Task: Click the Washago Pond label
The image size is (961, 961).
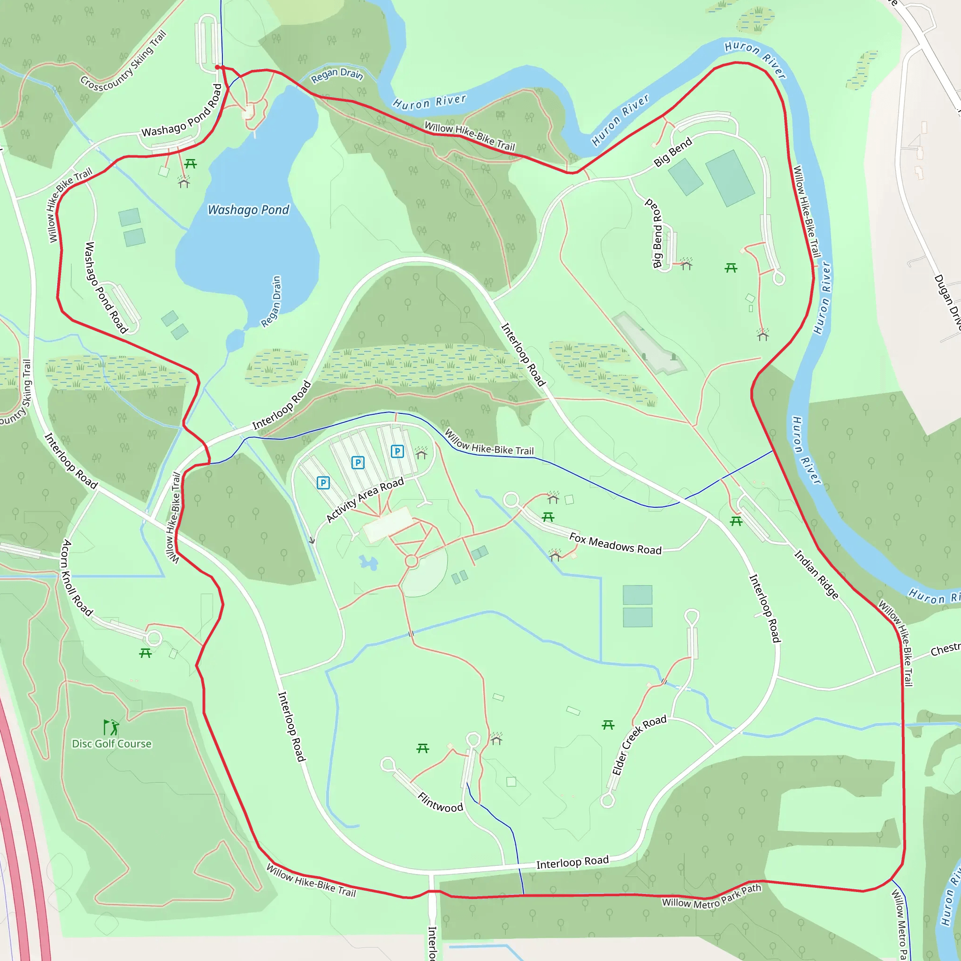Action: [248, 210]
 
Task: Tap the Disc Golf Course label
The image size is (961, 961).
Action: [112, 744]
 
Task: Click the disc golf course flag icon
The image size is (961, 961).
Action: [111, 727]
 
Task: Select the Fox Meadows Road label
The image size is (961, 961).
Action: [615, 544]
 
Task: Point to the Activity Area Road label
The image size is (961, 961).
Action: [365, 500]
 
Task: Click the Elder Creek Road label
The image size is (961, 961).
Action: [639, 745]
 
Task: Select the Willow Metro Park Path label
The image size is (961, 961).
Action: [711, 896]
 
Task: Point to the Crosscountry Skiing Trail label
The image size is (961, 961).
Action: [123, 61]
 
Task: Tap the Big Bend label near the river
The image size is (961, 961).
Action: [672, 152]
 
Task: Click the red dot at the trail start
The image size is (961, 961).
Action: [217, 67]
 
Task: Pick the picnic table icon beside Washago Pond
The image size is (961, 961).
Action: [191, 164]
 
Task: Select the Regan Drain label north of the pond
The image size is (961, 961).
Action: [337, 76]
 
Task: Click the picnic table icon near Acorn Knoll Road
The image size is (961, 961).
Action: [145, 653]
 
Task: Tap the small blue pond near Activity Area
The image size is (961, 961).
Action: [368, 563]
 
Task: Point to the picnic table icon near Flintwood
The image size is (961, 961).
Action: [423, 748]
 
